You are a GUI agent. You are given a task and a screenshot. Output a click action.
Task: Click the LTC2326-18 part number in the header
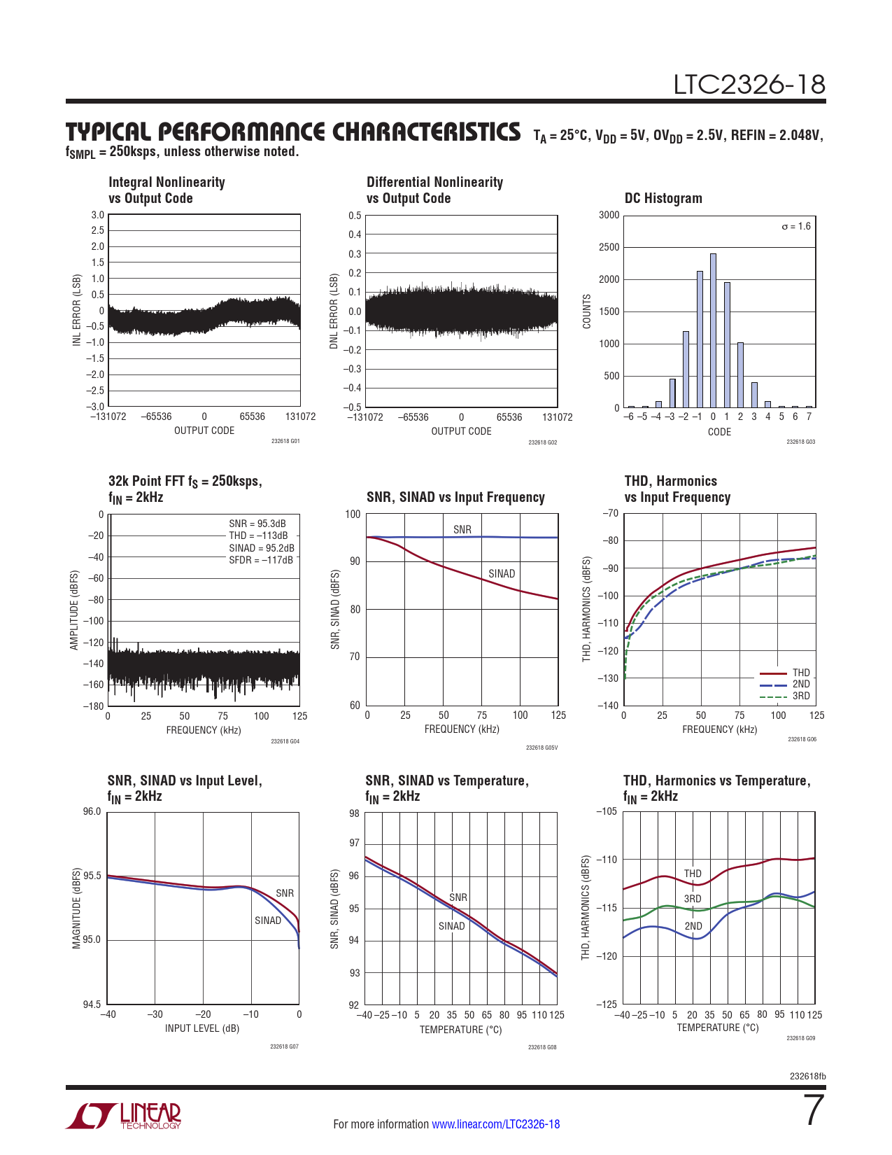pyautogui.click(x=749, y=85)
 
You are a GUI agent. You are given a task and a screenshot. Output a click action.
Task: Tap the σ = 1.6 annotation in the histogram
pyautogui.click(x=796, y=226)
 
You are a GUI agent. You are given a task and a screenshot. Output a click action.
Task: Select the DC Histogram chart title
pyautogui.click(x=663, y=198)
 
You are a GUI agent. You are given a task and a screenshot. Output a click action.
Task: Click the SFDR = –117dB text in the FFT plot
pyautogui.click(x=261, y=560)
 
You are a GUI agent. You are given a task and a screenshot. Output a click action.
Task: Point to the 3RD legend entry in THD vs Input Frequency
pyautogui.click(x=801, y=696)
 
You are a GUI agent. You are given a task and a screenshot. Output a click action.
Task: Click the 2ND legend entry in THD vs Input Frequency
pyautogui.click(x=801, y=684)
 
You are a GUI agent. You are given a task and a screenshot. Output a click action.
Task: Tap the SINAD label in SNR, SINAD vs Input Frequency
pyautogui.click(x=502, y=574)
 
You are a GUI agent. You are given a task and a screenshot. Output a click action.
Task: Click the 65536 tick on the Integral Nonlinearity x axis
pyautogui.click(x=252, y=416)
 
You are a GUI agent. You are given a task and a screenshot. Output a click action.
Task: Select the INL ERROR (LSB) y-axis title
pyautogui.click(x=77, y=310)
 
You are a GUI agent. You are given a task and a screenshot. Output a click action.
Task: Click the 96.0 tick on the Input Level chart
pyautogui.click(x=92, y=812)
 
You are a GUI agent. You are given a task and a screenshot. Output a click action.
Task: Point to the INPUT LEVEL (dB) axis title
pyautogui.click(x=202, y=1028)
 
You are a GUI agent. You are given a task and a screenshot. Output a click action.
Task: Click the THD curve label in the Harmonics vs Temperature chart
pyautogui.click(x=693, y=874)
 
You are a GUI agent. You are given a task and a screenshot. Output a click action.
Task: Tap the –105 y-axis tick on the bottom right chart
pyautogui.click(x=606, y=812)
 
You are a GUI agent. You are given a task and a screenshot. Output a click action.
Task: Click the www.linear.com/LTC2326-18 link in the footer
pyautogui.click(x=495, y=1124)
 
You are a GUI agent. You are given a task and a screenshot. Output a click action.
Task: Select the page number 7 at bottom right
pyautogui.click(x=814, y=1110)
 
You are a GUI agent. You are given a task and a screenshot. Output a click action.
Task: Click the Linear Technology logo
pyautogui.click(x=124, y=1116)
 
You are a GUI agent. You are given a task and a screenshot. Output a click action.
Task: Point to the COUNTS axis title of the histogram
pyautogui.click(x=587, y=311)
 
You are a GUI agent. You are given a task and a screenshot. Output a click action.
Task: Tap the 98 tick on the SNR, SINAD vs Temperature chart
pyautogui.click(x=354, y=813)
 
